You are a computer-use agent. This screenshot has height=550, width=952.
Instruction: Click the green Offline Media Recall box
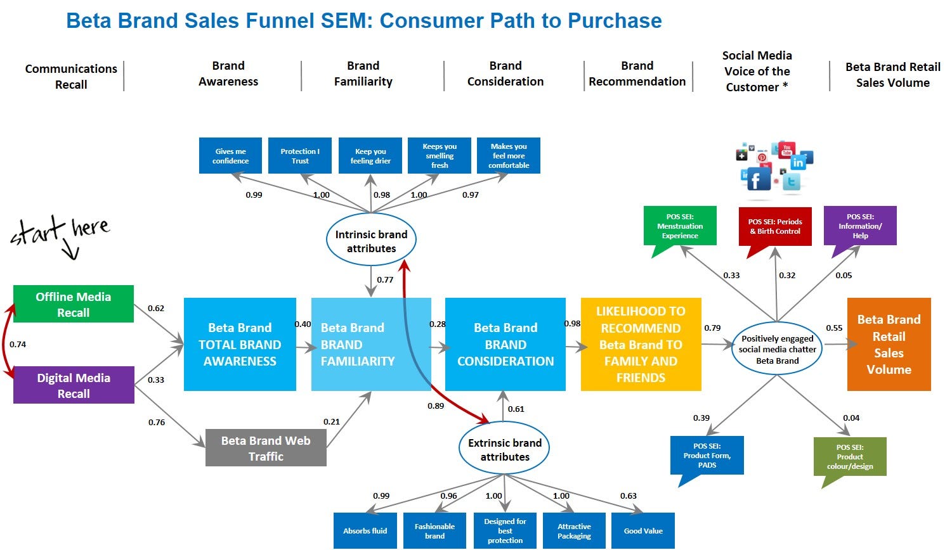click(73, 304)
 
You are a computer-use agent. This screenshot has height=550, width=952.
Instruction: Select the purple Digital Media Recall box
click(74, 385)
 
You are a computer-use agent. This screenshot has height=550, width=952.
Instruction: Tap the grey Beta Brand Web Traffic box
click(266, 448)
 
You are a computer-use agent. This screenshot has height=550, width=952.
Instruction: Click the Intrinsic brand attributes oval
click(371, 241)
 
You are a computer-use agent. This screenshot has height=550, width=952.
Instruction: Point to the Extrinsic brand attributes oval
click(504, 449)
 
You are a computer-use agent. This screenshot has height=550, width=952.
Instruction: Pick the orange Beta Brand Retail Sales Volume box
click(889, 344)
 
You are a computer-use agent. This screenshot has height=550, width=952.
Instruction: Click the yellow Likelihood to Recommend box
click(641, 344)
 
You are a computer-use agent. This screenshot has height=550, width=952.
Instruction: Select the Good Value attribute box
click(643, 531)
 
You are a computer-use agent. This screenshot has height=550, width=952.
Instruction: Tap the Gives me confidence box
click(230, 156)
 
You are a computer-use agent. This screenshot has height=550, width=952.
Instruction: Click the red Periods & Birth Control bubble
click(775, 226)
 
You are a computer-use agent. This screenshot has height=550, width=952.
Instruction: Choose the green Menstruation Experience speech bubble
click(680, 226)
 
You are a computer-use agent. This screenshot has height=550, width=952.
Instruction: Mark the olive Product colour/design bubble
click(850, 456)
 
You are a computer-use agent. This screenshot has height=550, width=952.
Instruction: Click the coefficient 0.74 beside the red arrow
click(18, 345)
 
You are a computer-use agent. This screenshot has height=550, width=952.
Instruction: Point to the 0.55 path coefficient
click(834, 328)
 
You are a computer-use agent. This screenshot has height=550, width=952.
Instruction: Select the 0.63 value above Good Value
click(628, 496)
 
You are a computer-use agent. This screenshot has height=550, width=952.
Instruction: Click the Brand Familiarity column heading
click(363, 74)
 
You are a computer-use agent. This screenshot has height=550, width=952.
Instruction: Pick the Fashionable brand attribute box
click(434, 531)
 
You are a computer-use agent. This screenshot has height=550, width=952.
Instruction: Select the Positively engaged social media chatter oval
click(777, 349)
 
